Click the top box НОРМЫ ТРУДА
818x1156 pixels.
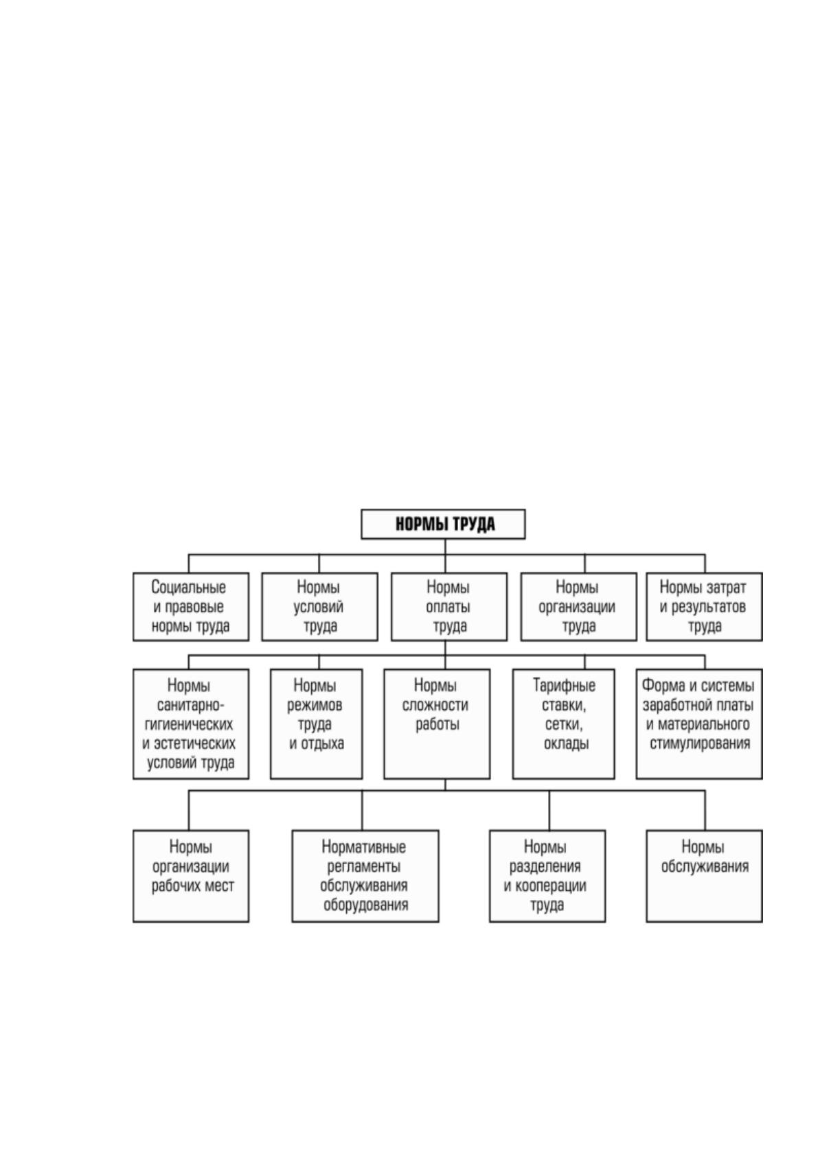(x=443, y=524)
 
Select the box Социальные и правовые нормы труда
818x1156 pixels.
(x=190, y=606)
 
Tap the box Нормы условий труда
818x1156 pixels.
(x=319, y=606)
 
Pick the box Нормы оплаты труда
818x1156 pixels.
(x=448, y=606)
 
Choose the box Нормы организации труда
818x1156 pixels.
(x=578, y=606)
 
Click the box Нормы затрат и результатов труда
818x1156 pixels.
(x=705, y=606)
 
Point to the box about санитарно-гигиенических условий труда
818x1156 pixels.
(x=190, y=724)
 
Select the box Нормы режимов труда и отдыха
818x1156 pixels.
(x=316, y=724)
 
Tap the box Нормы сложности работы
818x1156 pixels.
(x=437, y=724)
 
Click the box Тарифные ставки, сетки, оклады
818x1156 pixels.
(x=563, y=724)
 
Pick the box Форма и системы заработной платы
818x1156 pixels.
(x=699, y=724)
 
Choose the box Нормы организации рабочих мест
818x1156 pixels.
(x=190, y=877)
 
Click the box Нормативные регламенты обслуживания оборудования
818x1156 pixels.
(x=365, y=877)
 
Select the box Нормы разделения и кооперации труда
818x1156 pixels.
(x=547, y=877)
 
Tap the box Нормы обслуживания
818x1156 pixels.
(x=705, y=877)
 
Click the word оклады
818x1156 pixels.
(x=566, y=743)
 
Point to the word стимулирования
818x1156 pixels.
(x=700, y=744)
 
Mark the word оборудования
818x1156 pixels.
(x=365, y=905)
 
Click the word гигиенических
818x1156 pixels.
(x=189, y=725)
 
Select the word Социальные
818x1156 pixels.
(x=188, y=588)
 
